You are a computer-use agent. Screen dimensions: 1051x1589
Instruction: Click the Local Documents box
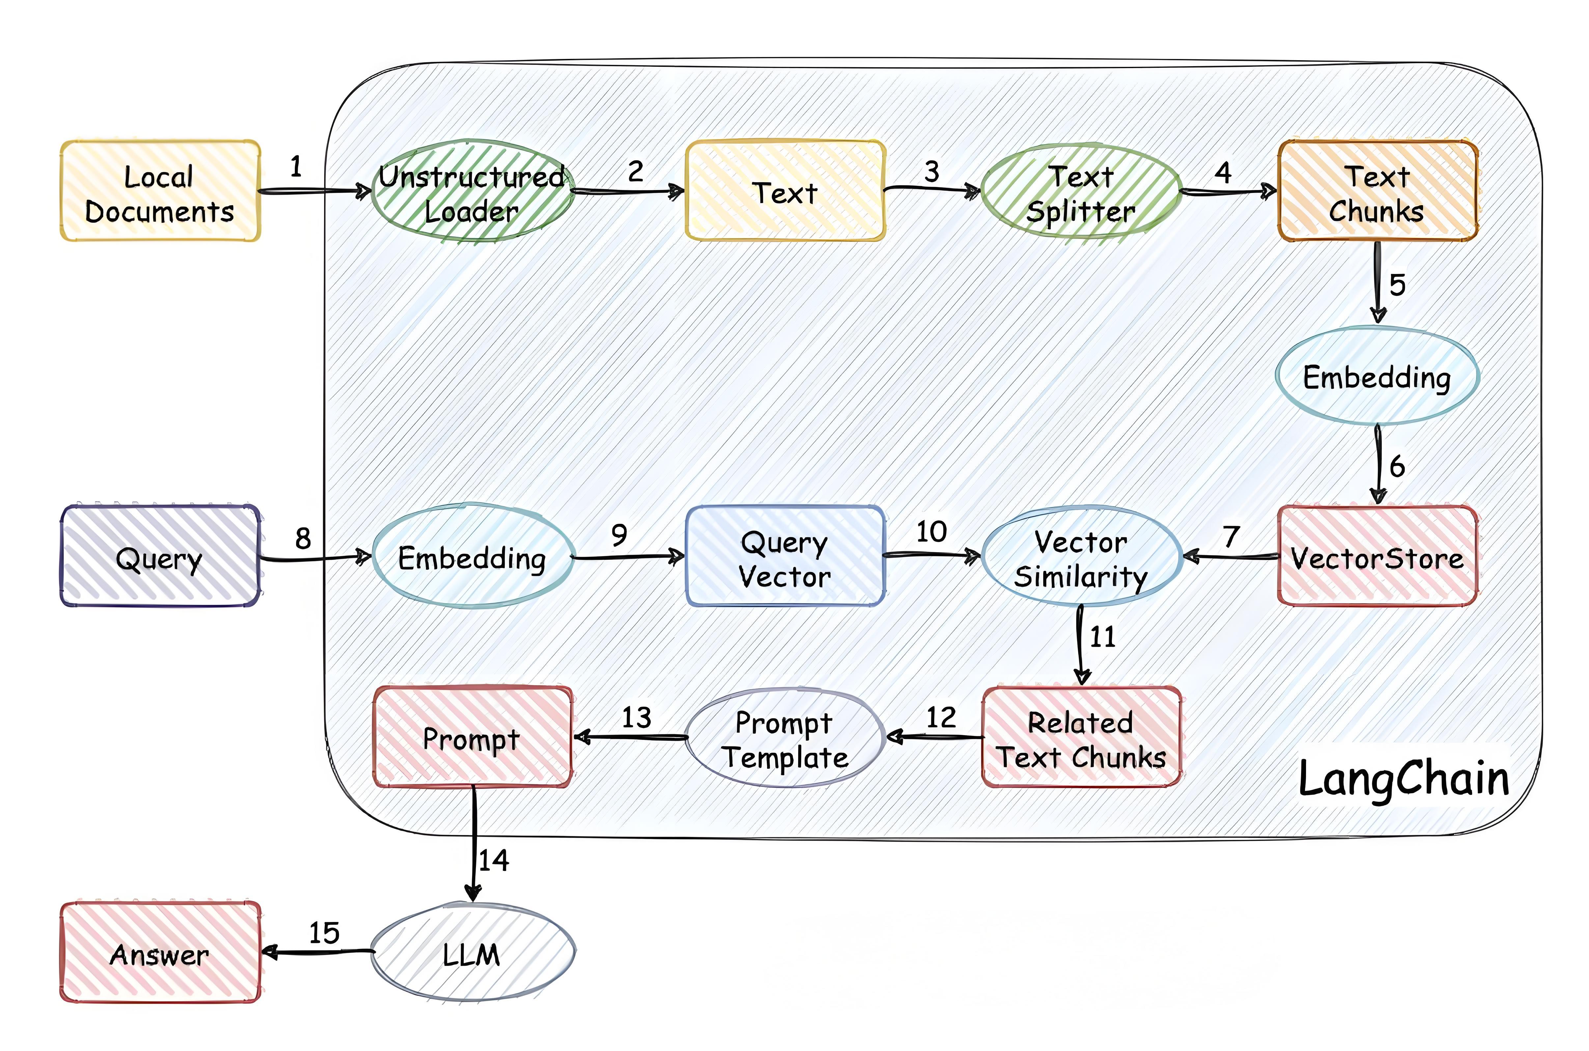tap(159, 192)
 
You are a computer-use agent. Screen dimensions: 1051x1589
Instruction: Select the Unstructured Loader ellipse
tap(472, 192)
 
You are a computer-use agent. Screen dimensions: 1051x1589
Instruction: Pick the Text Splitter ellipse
tap(1081, 192)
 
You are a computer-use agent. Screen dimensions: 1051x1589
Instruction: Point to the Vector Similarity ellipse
tap(1081, 557)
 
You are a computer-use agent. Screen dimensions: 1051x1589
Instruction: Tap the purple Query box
tap(159, 557)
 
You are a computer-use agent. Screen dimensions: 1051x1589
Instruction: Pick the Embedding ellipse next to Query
tap(472, 557)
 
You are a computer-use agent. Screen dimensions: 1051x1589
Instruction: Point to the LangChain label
tap(1403, 779)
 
